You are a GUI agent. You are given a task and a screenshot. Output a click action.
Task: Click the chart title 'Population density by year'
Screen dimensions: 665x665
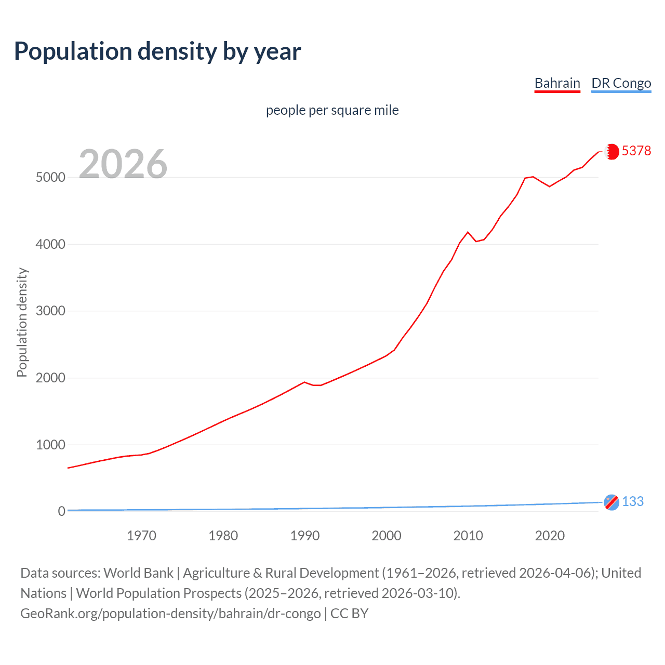tap(157, 51)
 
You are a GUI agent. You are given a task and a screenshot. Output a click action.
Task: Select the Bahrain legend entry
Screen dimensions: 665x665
tap(557, 83)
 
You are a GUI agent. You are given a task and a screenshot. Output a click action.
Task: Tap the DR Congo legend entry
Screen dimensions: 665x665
tap(621, 83)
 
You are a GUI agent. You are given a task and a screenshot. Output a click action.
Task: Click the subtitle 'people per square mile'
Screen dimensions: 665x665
tap(332, 111)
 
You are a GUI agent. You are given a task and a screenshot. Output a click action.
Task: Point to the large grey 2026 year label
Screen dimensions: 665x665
tap(123, 164)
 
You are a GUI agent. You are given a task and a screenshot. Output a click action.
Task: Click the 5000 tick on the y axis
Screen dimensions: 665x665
tap(50, 177)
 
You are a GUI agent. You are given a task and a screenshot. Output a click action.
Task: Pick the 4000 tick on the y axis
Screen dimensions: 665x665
tap(50, 244)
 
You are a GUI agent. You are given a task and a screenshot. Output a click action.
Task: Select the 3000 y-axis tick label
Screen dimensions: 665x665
tap(50, 311)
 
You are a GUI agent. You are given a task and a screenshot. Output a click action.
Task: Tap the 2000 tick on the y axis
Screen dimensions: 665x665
tap(50, 378)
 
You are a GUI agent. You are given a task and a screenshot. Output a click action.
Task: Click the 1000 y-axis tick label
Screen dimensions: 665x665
tap(50, 445)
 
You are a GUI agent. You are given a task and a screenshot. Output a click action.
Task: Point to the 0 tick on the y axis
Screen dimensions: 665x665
tap(62, 511)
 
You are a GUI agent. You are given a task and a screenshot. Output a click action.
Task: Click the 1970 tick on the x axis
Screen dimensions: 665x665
tap(141, 536)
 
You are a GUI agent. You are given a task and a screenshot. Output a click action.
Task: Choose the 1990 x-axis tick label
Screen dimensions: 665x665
tap(305, 536)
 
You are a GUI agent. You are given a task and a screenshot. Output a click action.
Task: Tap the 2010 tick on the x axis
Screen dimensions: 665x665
tap(468, 536)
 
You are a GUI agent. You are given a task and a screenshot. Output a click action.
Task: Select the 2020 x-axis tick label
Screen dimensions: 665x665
tap(550, 536)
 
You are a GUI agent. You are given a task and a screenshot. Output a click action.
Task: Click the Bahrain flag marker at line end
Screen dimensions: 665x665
tap(612, 151)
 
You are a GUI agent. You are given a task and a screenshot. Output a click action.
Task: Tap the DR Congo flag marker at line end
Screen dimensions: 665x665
tap(611, 502)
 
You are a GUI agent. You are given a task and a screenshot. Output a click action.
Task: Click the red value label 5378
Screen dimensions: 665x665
tap(636, 151)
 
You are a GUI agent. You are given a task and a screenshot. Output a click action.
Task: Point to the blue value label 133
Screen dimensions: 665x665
tap(632, 501)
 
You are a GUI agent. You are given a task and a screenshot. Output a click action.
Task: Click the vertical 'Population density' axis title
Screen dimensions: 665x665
tap(22, 322)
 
